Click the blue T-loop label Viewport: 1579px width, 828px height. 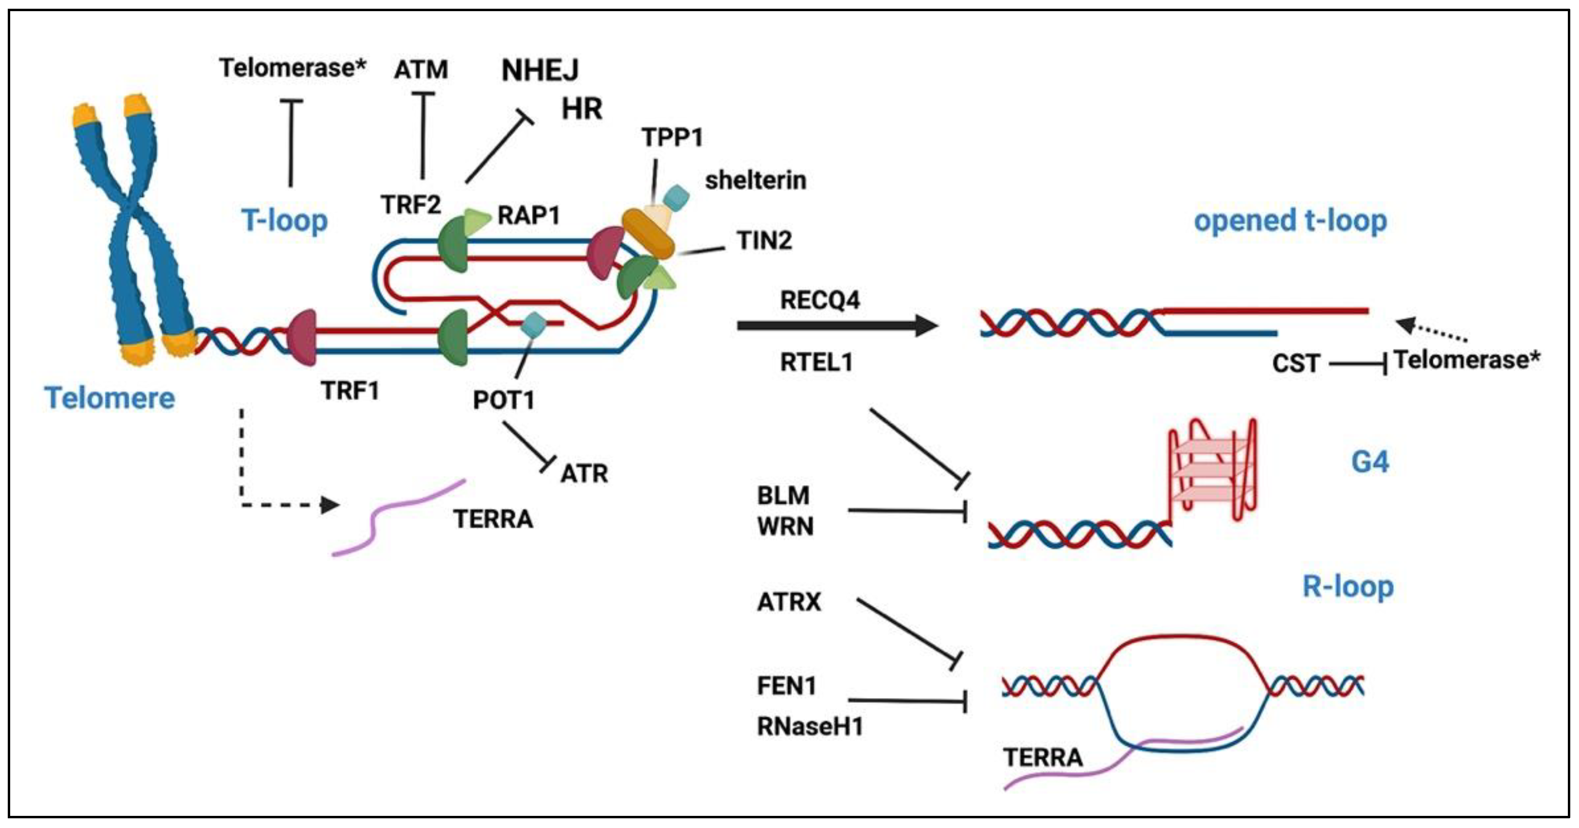pyautogui.click(x=284, y=221)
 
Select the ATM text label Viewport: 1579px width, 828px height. pyautogui.click(x=420, y=69)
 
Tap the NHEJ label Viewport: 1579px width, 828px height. pyautogui.click(x=539, y=70)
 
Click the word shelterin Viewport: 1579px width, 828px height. pyautogui.click(x=755, y=180)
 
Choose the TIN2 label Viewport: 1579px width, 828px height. pyautogui.click(x=764, y=240)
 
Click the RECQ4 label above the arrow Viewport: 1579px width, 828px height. pyautogui.click(x=820, y=300)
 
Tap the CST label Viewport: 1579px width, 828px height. pyautogui.click(x=1295, y=363)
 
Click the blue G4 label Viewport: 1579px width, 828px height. pyautogui.click(x=1370, y=461)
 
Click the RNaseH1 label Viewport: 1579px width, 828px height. pyautogui.click(x=810, y=726)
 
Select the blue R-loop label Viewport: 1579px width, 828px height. pyautogui.click(x=1347, y=586)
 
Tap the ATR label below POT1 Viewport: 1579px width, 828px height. pyautogui.click(x=583, y=474)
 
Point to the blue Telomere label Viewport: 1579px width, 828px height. pyautogui.click(x=110, y=398)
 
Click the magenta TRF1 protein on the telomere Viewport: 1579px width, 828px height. pyautogui.click(x=302, y=338)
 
